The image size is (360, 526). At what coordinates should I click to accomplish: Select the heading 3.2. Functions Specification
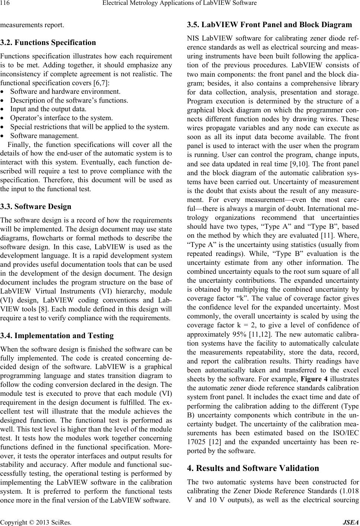[48, 42]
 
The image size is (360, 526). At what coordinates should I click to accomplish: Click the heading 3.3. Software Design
[35, 206]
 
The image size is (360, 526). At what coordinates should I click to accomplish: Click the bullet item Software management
[44, 135]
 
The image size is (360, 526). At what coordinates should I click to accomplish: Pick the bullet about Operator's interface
[61, 118]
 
